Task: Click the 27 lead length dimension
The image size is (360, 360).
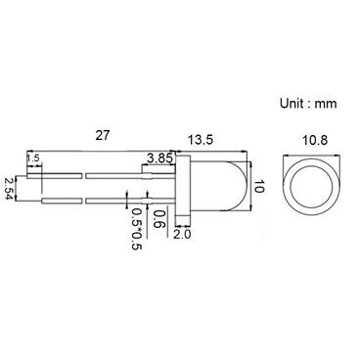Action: coord(101,135)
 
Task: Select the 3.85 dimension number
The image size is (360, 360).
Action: coord(158,157)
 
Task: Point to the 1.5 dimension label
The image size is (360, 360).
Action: coord(33,158)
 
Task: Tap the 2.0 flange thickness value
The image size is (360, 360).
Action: coord(183,234)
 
